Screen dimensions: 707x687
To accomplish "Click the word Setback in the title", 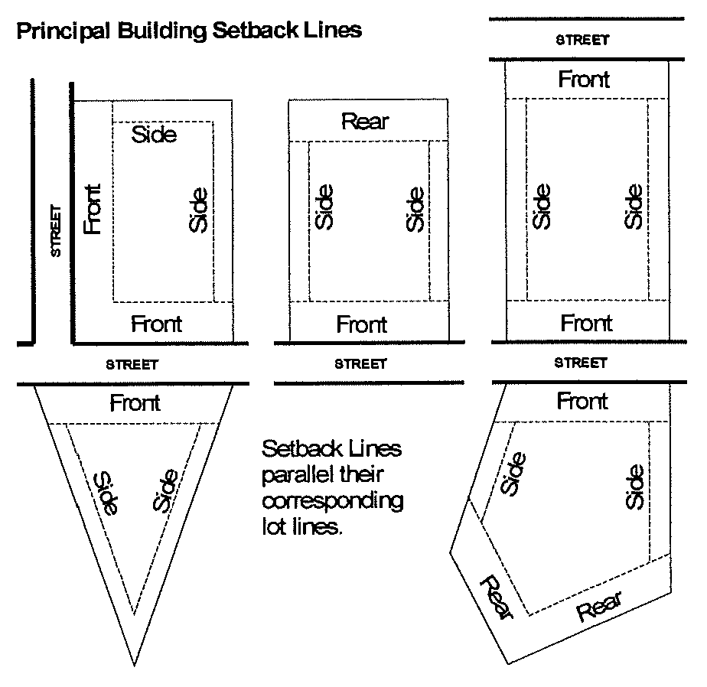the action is pyautogui.click(x=256, y=30).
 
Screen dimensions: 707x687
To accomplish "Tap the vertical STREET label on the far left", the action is pyautogui.click(x=55, y=231).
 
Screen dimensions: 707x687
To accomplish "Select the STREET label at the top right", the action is pyautogui.click(x=582, y=40).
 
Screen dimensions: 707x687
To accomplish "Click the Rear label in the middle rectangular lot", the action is pyautogui.click(x=365, y=122).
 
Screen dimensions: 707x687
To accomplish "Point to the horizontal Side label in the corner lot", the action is pyautogui.click(x=154, y=135).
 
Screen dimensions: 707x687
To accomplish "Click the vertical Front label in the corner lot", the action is pyautogui.click(x=93, y=209).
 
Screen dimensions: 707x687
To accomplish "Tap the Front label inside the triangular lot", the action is pyautogui.click(x=135, y=402).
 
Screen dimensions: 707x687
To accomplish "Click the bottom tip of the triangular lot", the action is pyautogui.click(x=134, y=665).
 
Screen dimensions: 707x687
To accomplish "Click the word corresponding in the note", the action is pyautogui.click(x=333, y=501).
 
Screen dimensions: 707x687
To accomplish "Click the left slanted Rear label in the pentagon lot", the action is pyautogui.click(x=497, y=597).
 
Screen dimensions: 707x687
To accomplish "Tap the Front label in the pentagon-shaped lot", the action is pyautogui.click(x=582, y=401).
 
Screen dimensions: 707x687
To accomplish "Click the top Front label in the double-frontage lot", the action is pyautogui.click(x=584, y=80).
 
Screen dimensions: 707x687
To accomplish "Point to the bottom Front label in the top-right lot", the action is pyautogui.click(x=586, y=323).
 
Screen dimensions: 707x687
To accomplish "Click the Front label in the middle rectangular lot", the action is pyautogui.click(x=362, y=324).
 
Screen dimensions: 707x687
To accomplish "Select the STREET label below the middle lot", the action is pyautogui.click(x=360, y=364).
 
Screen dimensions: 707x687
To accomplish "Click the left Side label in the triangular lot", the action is pyautogui.click(x=106, y=493).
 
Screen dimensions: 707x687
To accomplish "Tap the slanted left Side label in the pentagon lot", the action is pyautogui.click(x=513, y=474).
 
